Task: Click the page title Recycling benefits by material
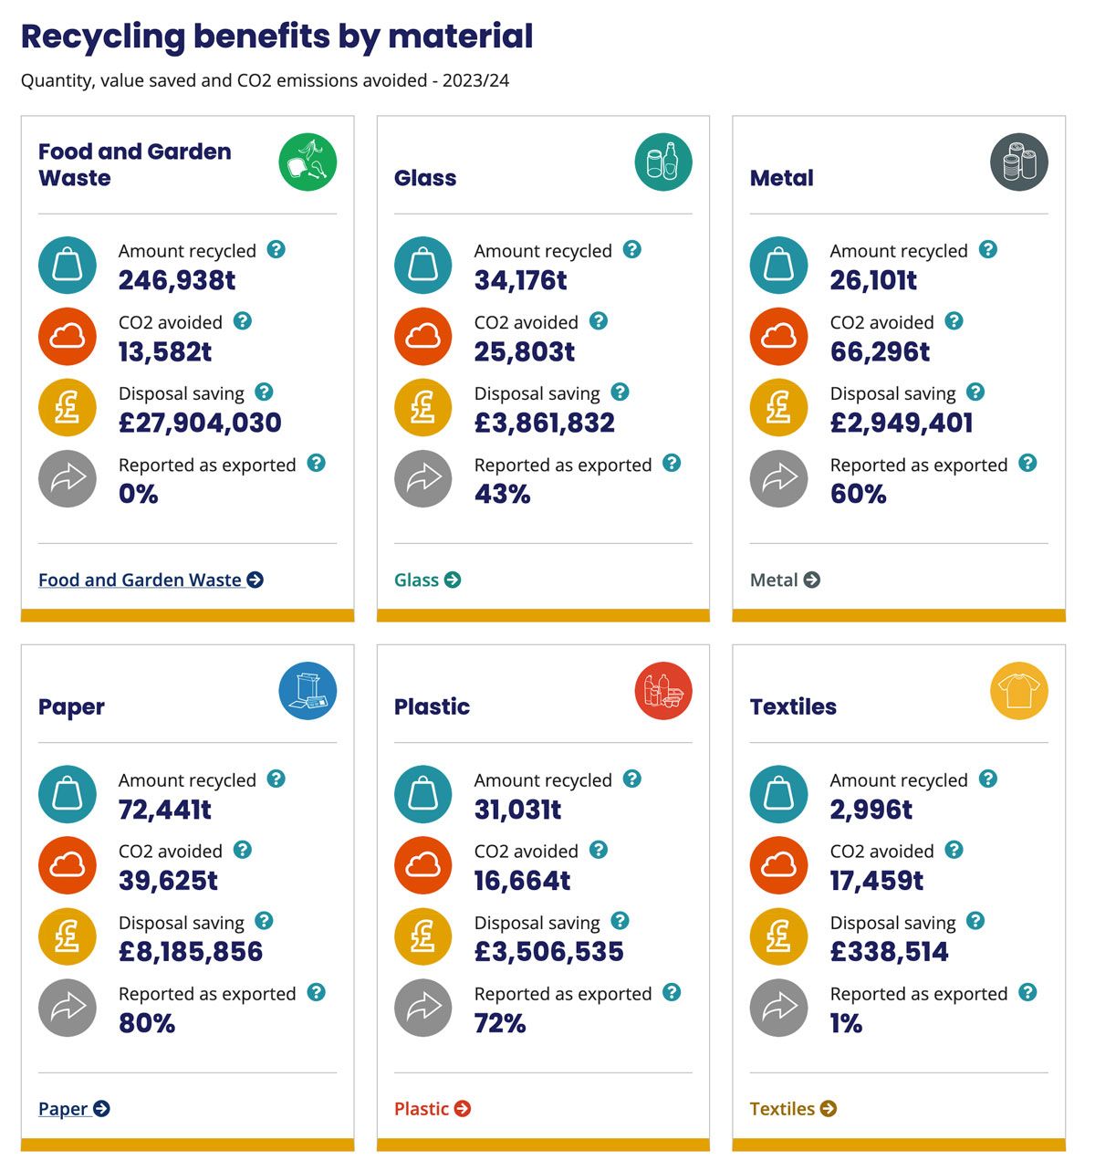click(276, 37)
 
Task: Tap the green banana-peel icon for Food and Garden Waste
click(308, 162)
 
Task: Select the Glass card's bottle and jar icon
click(663, 162)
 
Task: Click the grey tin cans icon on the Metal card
click(1019, 162)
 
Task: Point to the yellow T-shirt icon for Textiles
click(1019, 691)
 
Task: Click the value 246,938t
click(177, 280)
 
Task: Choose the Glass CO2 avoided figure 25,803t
click(525, 351)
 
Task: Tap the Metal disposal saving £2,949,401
click(902, 423)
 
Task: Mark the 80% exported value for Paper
click(147, 1023)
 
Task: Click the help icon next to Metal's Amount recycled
click(988, 249)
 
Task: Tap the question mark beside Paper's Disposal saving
click(264, 921)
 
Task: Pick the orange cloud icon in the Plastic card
click(423, 865)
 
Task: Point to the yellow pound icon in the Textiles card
click(779, 936)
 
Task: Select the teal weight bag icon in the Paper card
click(68, 794)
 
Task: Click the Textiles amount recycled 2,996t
click(871, 810)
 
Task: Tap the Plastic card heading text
click(432, 706)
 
